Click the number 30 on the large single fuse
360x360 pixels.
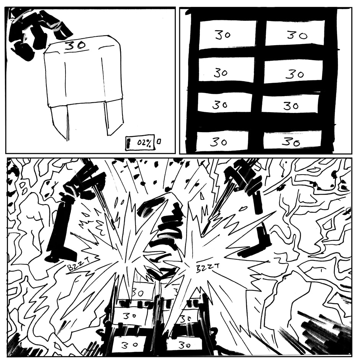point(75,45)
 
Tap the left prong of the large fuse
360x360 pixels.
point(59,122)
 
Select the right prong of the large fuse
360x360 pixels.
point(113,117)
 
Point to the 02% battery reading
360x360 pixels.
point(144,143)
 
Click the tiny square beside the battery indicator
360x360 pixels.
point(159,141)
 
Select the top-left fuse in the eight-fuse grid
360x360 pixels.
point(227,35)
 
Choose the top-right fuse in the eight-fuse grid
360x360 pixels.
point(295,33)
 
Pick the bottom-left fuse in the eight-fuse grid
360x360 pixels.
point(222,141)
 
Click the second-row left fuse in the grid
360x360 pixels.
point(226,70)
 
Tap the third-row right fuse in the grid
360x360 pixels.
point(290,103)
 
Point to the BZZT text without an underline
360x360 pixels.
point(208,267)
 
